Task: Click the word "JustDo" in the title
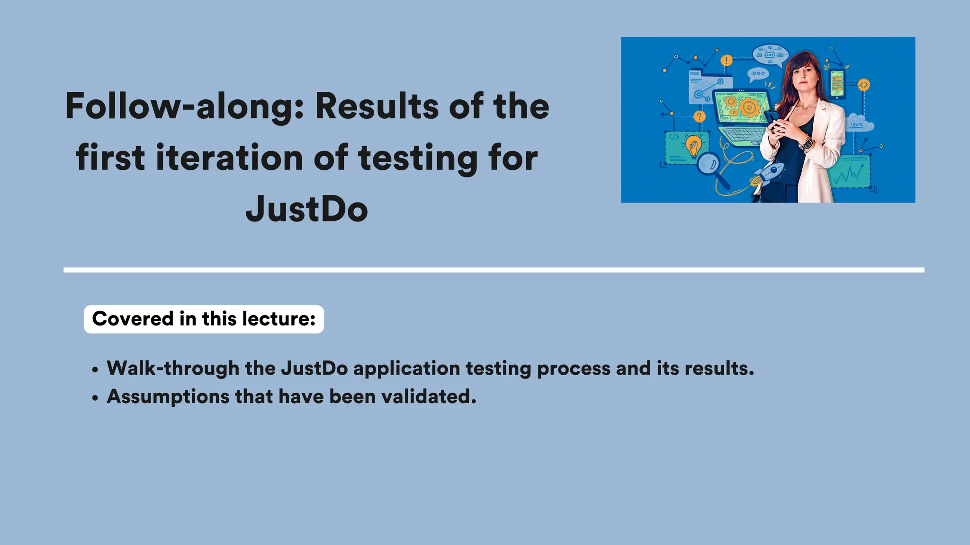click(307, 209)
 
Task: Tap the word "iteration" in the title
click(229, 158)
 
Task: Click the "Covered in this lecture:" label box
click(204, 319)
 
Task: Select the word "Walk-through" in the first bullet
click(173, 368)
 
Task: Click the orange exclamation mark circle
click(727, 61)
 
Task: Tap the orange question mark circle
click(699, 116)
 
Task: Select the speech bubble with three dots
click(758, 73)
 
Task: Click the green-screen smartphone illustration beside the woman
click(837, 84)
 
